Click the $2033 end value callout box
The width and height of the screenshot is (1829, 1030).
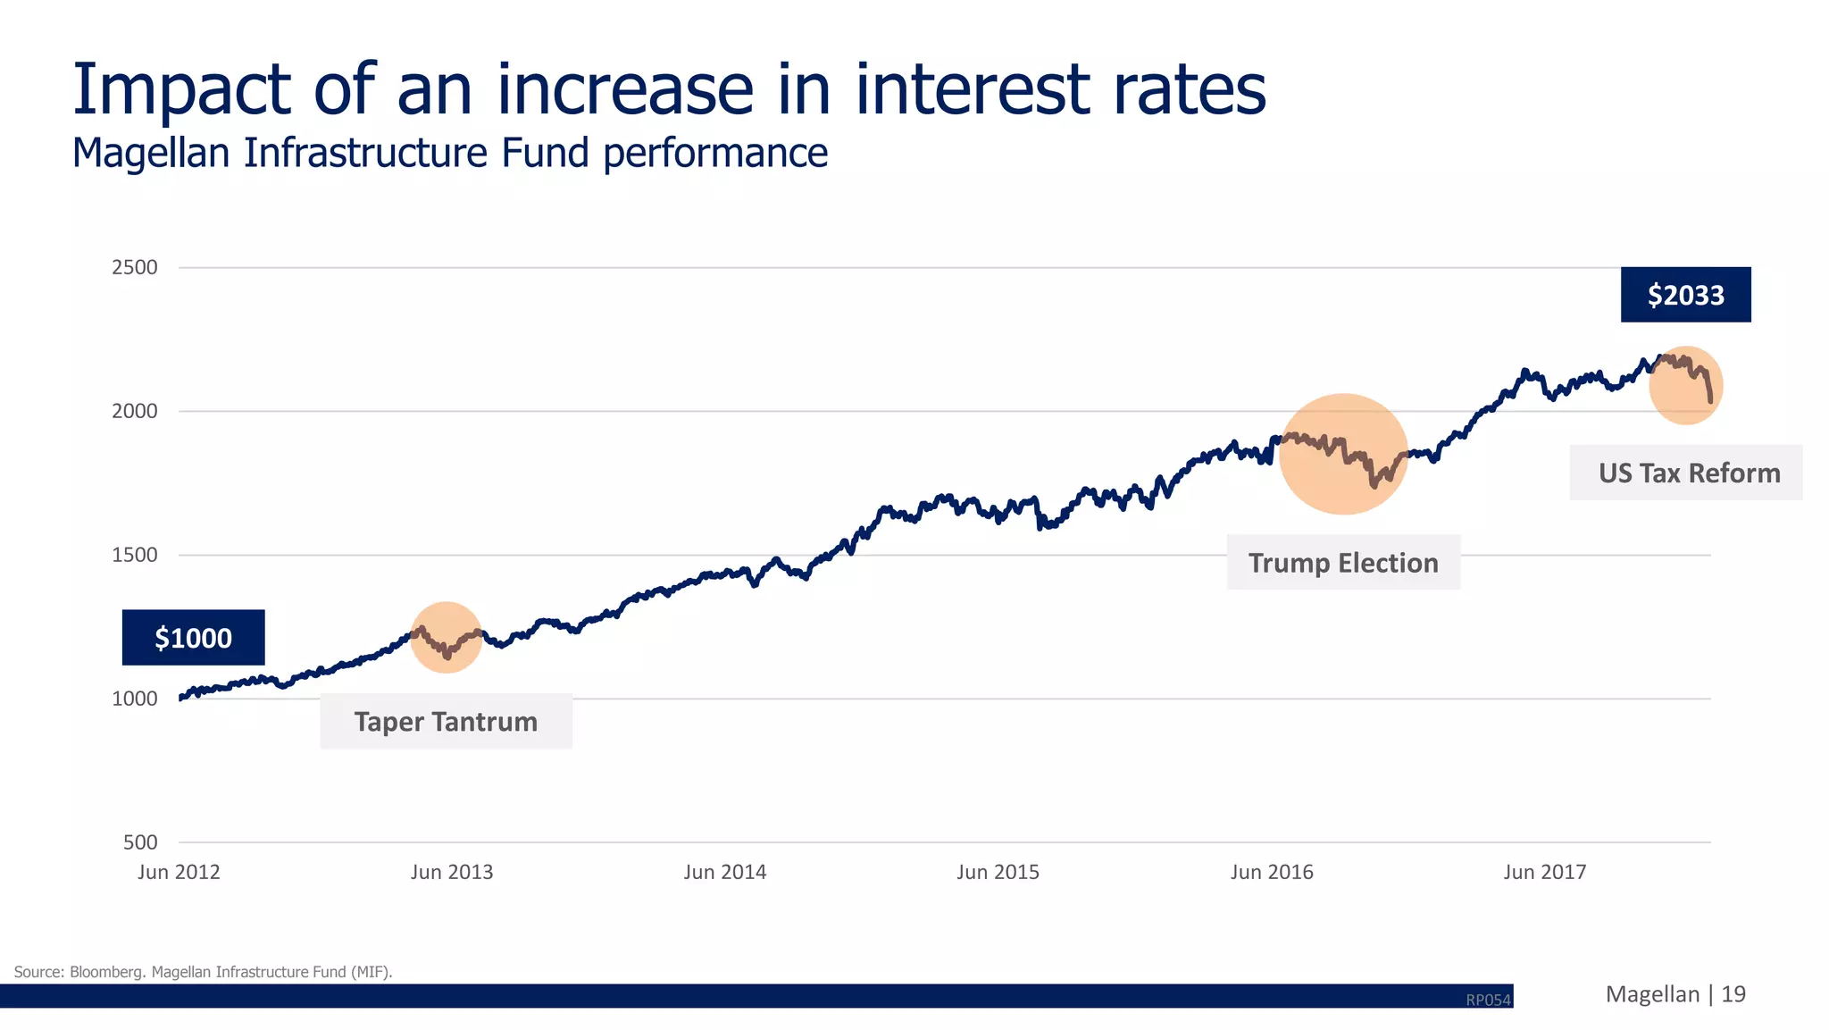1685,295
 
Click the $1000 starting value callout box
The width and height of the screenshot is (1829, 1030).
193,638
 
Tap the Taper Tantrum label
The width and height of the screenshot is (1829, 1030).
446,722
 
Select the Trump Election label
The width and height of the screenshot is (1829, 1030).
1343,563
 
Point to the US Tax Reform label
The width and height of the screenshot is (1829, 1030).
1688,473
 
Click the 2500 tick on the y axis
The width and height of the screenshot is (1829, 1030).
134,267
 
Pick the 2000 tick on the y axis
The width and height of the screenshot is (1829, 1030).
134,411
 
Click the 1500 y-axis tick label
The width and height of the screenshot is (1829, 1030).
134,555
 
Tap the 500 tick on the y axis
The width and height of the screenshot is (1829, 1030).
140,842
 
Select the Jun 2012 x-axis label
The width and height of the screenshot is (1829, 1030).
179,872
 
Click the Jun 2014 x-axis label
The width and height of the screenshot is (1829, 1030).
725,872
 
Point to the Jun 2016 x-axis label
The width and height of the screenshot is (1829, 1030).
1272,872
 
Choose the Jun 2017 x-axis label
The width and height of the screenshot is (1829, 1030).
1545,872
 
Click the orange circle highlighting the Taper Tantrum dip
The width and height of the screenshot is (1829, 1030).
447,637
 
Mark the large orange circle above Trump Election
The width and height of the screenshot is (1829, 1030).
1343,454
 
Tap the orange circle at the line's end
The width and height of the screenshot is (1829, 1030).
1685,385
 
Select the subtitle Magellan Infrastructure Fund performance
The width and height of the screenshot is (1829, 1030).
450,153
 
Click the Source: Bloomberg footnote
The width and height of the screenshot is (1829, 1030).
203,972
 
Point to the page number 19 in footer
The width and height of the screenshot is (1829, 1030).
1733,994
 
